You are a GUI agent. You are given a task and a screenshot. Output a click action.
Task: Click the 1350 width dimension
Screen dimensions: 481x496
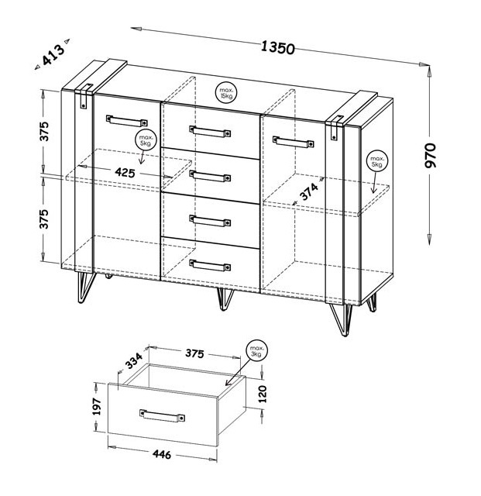coord(278,48)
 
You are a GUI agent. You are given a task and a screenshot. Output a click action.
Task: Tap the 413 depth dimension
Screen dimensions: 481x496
coord(53,54)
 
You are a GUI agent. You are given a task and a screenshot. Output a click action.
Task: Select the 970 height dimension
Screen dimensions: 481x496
coord(431,155)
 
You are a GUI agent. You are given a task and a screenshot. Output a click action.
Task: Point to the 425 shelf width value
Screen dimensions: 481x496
coord(125,172)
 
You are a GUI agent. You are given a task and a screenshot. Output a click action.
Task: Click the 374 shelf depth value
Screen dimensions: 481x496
coord(309,192)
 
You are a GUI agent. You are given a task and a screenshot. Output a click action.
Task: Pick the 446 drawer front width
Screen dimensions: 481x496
coord(162,454)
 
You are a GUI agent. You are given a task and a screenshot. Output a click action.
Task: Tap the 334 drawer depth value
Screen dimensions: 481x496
coord(134,360)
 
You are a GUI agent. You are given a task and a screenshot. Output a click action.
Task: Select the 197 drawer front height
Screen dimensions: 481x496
coord(97,407)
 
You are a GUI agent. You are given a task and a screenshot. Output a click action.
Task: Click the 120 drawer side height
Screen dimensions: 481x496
coord(263,394)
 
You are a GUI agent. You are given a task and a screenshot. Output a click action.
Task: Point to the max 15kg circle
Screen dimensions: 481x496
coord(226,92)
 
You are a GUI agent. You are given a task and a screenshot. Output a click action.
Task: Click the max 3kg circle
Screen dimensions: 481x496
coord(256,351)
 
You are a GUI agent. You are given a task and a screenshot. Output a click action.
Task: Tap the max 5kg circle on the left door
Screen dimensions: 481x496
coord(146,140)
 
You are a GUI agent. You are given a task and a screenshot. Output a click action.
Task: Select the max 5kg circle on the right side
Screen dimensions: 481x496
coord(376,160)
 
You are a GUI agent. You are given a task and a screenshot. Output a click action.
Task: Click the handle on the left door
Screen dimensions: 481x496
coord(127,121)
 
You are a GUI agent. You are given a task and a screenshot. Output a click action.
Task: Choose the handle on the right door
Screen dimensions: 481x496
coord(293,142)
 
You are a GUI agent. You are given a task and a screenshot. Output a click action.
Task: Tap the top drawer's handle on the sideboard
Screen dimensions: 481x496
coord(210,131)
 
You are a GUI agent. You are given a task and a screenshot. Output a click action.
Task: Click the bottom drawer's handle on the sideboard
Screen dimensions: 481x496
coord(210,266)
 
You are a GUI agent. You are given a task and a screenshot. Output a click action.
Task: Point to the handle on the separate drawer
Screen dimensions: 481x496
coord(162,415)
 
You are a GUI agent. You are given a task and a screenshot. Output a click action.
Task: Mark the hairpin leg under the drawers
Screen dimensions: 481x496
coord(225,299)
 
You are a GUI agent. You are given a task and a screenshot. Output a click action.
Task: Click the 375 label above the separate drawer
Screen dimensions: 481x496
coord(194,353)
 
